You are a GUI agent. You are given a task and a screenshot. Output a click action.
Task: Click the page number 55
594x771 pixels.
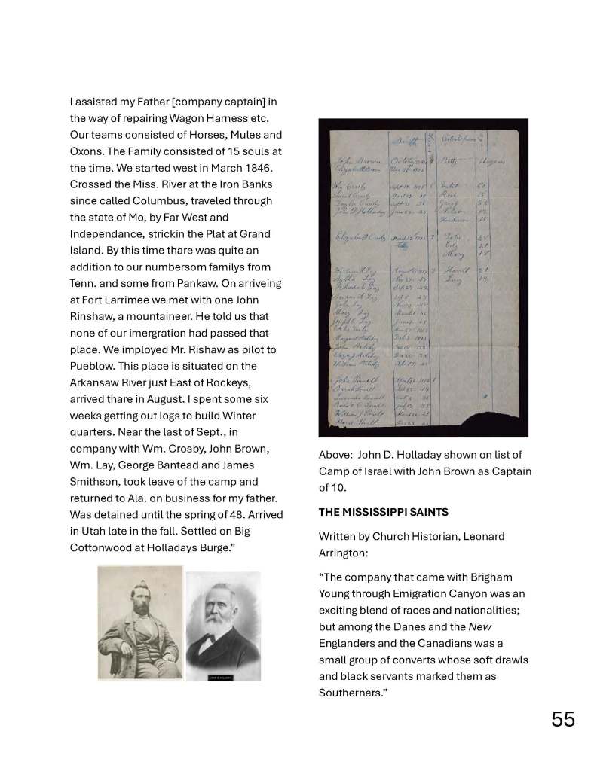point(562,719)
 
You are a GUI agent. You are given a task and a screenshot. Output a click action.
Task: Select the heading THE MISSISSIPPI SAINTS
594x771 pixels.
point(383,512)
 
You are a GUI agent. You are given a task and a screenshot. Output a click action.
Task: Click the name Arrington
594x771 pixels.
point(346,553)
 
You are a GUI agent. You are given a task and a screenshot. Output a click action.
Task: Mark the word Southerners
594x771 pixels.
point(351,693)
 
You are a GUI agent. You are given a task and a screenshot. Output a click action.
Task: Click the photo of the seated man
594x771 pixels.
point(140,623)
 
